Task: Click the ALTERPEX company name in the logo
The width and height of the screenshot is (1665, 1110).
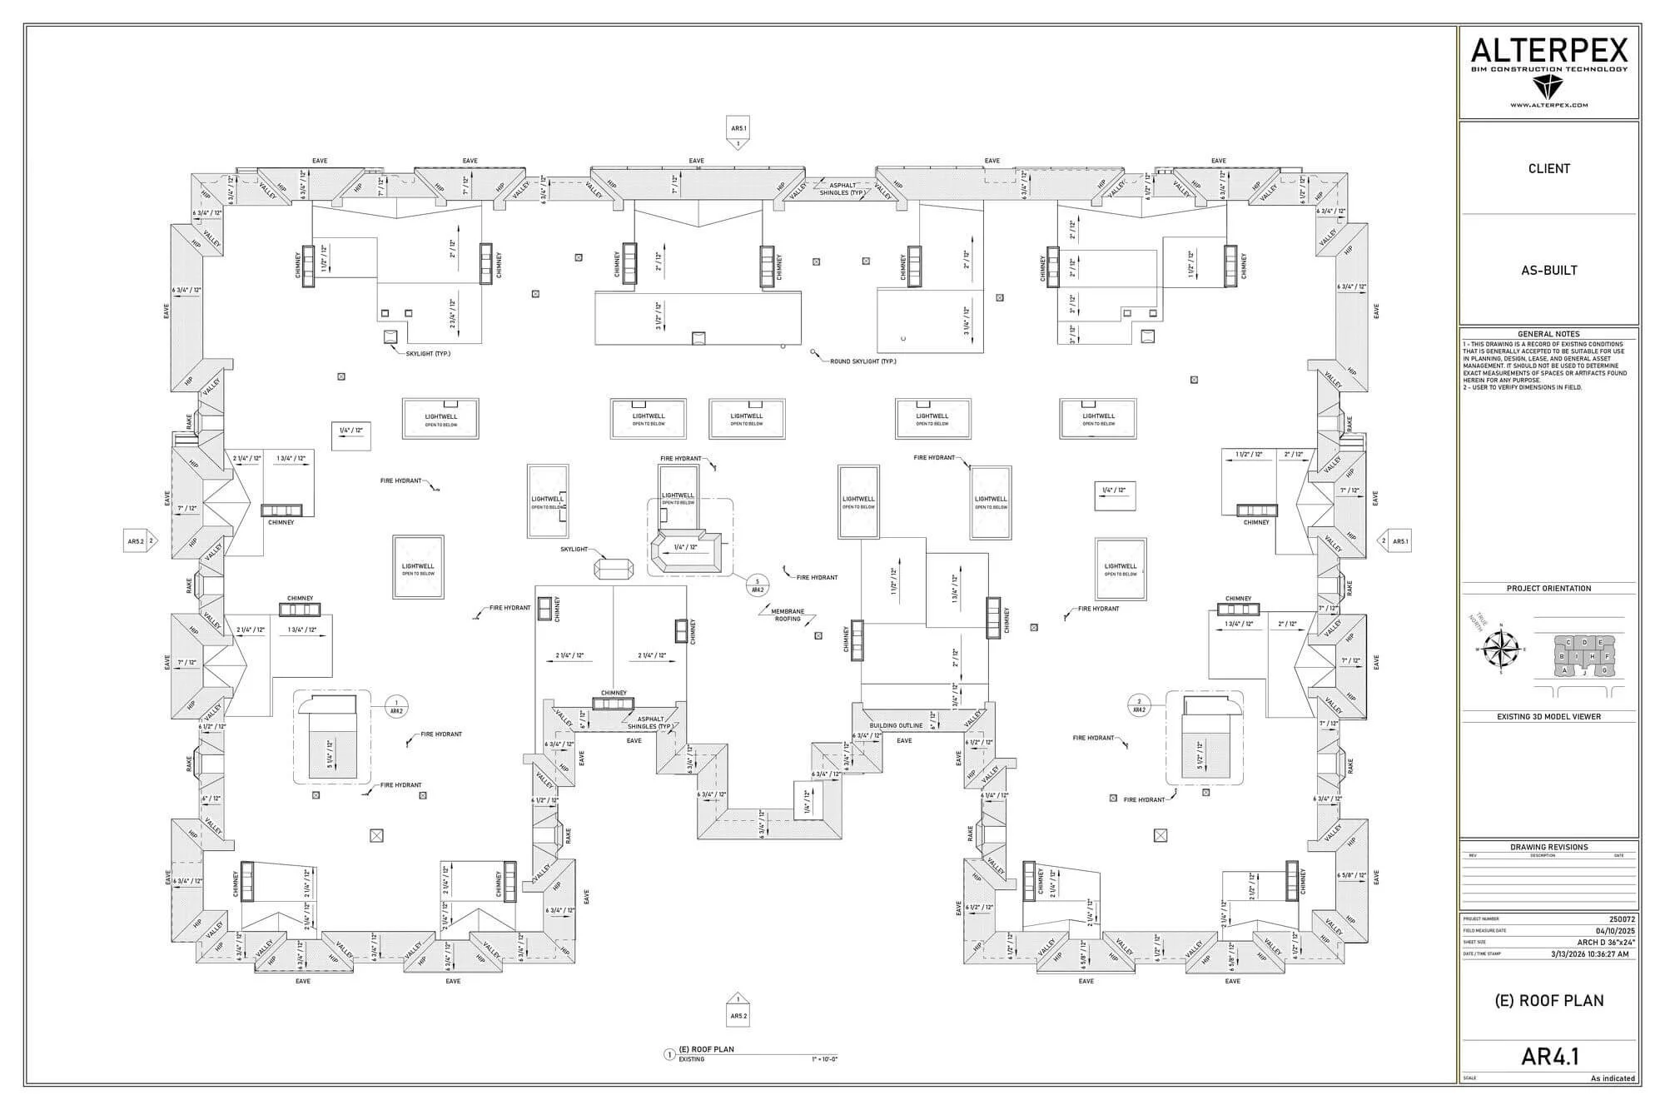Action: pyautogui.click(x=1548, y=51)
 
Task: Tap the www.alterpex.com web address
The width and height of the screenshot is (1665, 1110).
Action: pyautogui.click(x=1548, y=105)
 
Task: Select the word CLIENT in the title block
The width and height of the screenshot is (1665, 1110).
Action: pyautogui.click(x=1548, y=168)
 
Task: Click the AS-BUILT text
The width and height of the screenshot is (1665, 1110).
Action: pyautogui.click(x=1548, y=270)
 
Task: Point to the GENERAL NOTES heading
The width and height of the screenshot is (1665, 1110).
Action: pyautogui.click(x=1548, y=334)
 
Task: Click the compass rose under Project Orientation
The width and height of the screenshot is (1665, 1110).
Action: pyautogui.click(x=1502, y=650)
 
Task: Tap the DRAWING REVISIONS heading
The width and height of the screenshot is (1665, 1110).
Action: pyautogui.click(x=1548, y=847)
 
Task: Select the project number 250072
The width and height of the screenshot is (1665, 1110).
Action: pyautogui.click(x=1622, y=919)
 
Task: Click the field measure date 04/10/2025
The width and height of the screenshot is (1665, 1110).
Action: pyautogui.click(x=1615, y=931)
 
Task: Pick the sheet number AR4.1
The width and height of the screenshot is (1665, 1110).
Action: pyautogui.click(x=1549, y=1056)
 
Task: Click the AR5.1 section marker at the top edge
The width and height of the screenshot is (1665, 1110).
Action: pyautogui.click(x=738, y=129)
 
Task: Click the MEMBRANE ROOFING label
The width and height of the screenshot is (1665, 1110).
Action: pyautogui.click(x=787, y=615)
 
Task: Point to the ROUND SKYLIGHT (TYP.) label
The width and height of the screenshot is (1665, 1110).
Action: pyautogui.click(x=862, y=361)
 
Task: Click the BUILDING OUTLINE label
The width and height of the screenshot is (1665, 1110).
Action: pyautogui.click(x=896, y=725)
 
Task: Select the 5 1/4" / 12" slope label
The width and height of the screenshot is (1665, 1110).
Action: pyautogui.click(x=330, y=755)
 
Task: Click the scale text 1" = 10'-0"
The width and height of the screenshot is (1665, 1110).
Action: pyautogui.click(x=824, y=1059)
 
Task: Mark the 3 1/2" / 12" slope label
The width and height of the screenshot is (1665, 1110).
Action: pyautogui.click(x=659, y=316)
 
